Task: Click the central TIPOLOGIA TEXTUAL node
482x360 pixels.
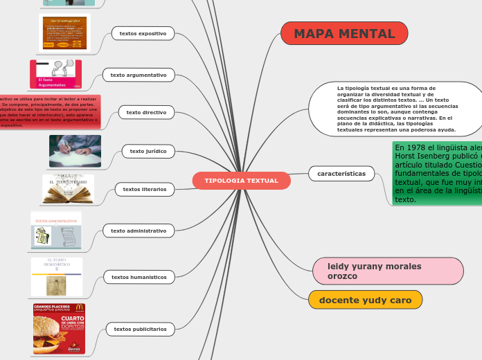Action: click(x=241, y=181)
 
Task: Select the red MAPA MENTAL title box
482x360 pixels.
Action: click(x=344, y=34)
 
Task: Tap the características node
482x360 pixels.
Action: click(x=341, y=174)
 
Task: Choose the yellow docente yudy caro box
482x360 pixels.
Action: click(x=365, y=300)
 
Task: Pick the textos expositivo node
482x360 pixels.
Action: click(x=143, y=33)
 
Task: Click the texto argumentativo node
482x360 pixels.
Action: click(x=139, y=75)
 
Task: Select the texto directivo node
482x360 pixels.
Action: click(x=146, y=112)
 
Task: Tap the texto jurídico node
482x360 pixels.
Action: click(x=148, y=150)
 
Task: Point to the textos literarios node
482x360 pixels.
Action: click(x=144, y=189)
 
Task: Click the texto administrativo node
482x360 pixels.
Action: click(x=139, y=231)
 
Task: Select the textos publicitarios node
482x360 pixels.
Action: click(x=140, y=329)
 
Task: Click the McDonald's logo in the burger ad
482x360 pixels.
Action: click(x=79, y=308)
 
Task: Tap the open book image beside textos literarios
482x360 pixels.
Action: click(x=68, y=190)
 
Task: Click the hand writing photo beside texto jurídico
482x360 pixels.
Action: click(x=75, y=151)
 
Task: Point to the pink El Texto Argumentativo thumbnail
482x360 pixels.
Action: click(x=55, y=74)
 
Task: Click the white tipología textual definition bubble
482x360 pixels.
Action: click(x=395, y=109)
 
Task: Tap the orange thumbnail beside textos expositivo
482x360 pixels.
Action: click(x=64, y=33)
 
